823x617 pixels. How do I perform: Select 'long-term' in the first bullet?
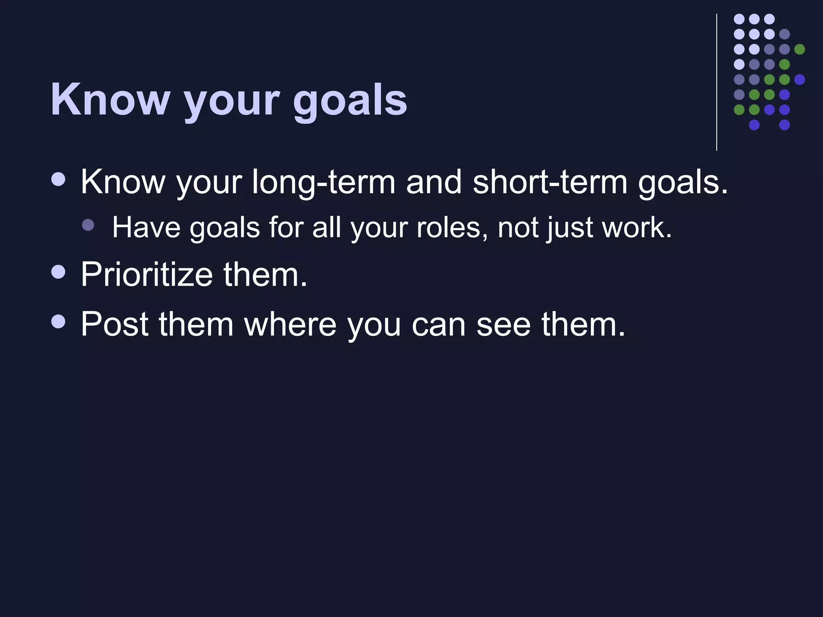(323, 183)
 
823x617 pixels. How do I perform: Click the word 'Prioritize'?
(146, 275)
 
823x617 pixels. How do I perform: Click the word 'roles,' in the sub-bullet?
(452, 228)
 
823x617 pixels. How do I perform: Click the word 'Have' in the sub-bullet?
(146, 228)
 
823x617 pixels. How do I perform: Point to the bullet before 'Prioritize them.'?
(59, 272)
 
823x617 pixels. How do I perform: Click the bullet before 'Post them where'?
(59, 321)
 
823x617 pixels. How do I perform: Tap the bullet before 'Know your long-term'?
(59, 179)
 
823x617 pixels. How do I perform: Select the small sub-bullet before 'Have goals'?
(88, 225)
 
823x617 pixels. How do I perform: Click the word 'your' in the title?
(231, 101)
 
